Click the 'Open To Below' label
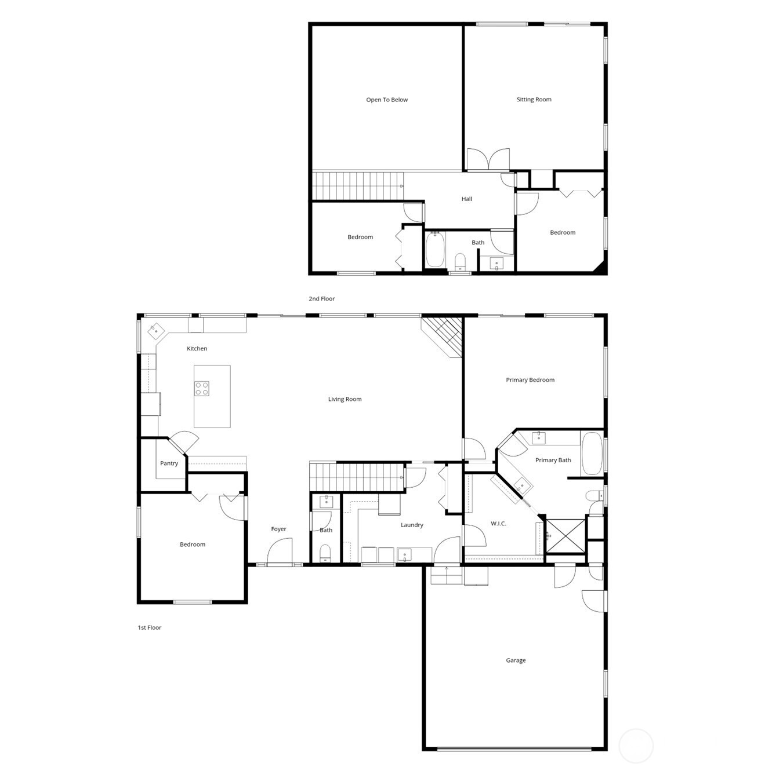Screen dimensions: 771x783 (387, 100)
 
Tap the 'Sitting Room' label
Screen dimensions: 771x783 (534, 100)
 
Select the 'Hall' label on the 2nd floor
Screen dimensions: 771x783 (467, 199)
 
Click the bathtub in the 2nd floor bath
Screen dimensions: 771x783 (435, 250)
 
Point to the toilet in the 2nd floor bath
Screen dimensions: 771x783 (460, 261)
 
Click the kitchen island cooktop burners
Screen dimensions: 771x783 (202, 388)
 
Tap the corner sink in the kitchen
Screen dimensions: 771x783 (155, 331)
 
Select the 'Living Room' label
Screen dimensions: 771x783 (345, 399)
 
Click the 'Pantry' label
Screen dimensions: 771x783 (169, 463)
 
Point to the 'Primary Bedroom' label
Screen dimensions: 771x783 (530, 380)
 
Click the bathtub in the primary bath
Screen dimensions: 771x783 (592, 453)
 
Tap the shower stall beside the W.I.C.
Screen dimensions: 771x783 (567, 536)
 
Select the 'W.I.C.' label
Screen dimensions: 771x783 (498, 524)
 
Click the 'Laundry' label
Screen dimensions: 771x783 (412, 525)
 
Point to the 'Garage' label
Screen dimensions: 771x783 (516, 660)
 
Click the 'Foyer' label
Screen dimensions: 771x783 (278, 529)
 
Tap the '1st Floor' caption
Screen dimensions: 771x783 (149, 627)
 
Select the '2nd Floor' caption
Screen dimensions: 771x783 (321, 299)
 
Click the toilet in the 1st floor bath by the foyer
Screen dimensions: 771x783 (325, 553)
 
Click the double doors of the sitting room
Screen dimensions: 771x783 (488, 159)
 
